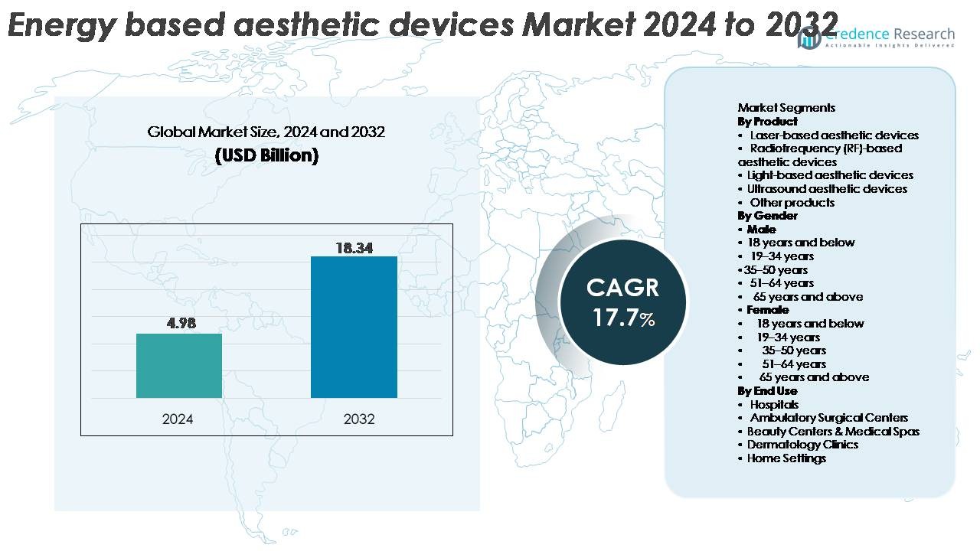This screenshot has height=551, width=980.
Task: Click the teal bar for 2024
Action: (x=178, y=365)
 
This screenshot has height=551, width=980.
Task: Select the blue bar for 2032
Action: (x=354, y=327)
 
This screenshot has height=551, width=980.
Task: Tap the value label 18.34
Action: (x=354, y=248)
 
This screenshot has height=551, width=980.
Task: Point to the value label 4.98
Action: (x=181, y=323)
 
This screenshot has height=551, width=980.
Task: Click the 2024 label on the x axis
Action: (x=178, y=419)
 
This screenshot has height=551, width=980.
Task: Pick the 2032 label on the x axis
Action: (x=359, y=419)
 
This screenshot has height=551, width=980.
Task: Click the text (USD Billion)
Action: (x=266, y=155)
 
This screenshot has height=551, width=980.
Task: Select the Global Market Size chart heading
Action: (x=266, y=132)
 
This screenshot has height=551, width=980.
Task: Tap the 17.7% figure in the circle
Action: (x=623, y=318)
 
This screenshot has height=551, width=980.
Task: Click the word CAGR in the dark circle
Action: (x=622, y=288)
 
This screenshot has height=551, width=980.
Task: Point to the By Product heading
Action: (x=767, y=122)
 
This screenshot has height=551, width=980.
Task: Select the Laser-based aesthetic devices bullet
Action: (x=834, y=135)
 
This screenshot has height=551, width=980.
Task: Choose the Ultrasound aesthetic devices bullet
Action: (x=827, y=189)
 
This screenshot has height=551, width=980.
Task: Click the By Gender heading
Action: (x=766, y=216)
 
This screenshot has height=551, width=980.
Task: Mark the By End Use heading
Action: (x=767, y=391)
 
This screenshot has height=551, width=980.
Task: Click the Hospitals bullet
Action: (x=774, y=404)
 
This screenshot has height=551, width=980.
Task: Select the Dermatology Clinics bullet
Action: (x=802, y=445)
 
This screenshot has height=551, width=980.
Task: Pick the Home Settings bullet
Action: (x=786, y=458)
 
